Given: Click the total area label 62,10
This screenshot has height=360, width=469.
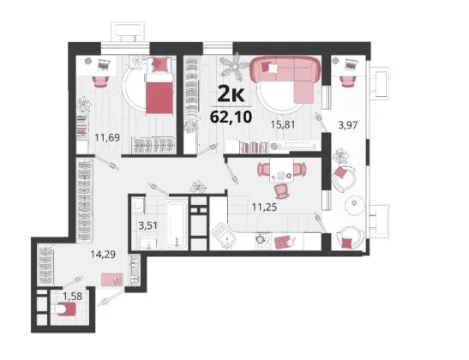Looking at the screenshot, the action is tap(231, 117).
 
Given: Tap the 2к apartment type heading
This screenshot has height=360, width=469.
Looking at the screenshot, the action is tap(231, 93).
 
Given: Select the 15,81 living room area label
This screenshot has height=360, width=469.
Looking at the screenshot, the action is tap(283, 124).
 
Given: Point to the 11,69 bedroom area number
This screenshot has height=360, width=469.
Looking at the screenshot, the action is tap(107, 137).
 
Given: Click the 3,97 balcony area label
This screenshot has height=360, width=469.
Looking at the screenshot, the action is tap(347, 124).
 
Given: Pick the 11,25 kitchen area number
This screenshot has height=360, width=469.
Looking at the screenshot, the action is tap(264, 207).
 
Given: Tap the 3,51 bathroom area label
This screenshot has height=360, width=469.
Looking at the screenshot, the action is tap(147, 225).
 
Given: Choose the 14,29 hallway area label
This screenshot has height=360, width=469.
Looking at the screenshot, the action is tap(103, 255).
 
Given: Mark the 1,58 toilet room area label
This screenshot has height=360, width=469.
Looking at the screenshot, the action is tap(72, 297).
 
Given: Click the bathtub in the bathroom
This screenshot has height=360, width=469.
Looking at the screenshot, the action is tap(177, 224).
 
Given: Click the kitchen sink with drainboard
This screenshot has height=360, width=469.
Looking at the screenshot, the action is tap(224, 236).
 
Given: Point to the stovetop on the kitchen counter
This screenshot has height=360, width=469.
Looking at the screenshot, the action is tap(262, 241).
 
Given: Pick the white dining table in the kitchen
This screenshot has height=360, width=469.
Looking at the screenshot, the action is tap(281, 171).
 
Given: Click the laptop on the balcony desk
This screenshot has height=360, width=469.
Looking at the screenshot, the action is tap(350, 64).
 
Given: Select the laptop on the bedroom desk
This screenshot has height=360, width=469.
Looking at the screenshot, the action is tap(104, 64).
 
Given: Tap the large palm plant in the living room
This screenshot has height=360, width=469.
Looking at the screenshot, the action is tap(234, 66).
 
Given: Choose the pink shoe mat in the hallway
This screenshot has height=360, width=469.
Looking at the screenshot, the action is tap(111, 280).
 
